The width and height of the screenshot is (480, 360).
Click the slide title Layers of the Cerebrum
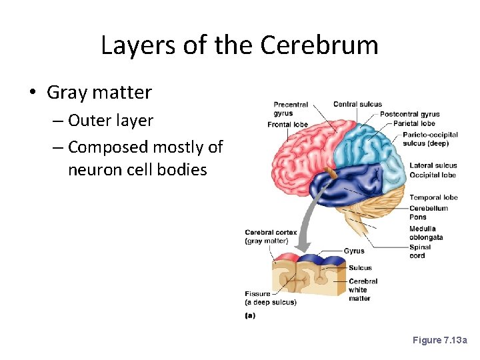click(239, 45)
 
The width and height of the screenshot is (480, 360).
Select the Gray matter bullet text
click(99, 92)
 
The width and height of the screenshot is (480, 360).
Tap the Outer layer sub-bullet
click(111, 121)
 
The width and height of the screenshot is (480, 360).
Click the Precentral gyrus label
click(291, 109)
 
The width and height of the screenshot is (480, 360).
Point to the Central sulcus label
click(357, 104)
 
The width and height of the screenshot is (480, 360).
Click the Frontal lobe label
click(287, 125)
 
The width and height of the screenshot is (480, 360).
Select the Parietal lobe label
click(414, 123)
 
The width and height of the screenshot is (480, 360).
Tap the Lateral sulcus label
click(433, 165)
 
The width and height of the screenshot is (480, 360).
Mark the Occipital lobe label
click(433, 175)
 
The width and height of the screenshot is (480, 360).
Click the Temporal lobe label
click(433, 197)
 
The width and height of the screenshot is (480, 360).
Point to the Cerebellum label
click(429, 208)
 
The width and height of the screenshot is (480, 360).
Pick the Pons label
click(418, 217)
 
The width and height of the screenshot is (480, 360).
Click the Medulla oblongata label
click(426, 233)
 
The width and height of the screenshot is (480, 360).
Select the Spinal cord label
click(420, 251)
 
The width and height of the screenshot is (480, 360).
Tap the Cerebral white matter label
click(363, 290)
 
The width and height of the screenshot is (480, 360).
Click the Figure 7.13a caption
click(440, 341)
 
